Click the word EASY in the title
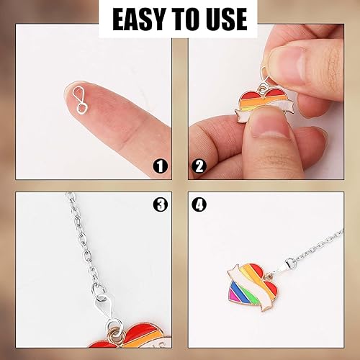[x=138, y=19]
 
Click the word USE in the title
[x=225, y=19]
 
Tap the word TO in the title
[x=182, y=19]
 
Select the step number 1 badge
[x=161, y=166]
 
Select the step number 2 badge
[x=199, y=166]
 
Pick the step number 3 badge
[x=161, y=204]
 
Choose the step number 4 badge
[x=199, y=204]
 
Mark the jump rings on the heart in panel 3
[x=113, y=329]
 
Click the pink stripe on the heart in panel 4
[x=233, y=294]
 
